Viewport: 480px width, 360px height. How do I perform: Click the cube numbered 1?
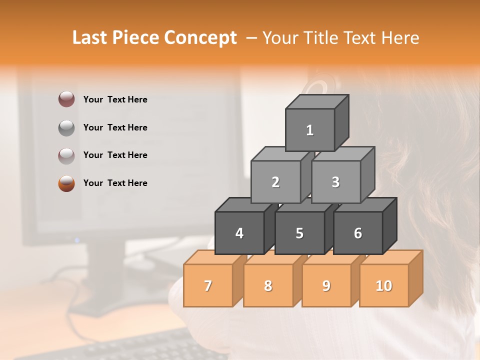click(x=310, y=130)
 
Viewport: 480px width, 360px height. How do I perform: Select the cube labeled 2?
click(x=275, y=182)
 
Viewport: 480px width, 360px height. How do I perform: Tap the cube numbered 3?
click(x=335, y=182)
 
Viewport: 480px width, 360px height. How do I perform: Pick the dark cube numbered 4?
click(x=239, y=233)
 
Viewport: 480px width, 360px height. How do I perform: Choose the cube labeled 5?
click(x=299, y=233)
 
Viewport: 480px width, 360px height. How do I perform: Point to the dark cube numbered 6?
click(x=358, y=233)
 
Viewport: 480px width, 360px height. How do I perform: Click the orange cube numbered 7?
click(x=208, y=285)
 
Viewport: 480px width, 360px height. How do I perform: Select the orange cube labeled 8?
click(x=268, y=285)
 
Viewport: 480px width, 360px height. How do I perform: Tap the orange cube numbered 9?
click(x=326, y=285)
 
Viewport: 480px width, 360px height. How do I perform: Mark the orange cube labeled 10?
click(x=383, y=285)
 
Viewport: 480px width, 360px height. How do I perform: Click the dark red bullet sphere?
click(x=66, y=99)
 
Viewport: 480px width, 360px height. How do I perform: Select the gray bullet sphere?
click(x=66, y=127)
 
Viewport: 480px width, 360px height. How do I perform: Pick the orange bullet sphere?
click(x=66, y=183)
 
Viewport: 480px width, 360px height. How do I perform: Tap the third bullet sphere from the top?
click(x=66, y=155)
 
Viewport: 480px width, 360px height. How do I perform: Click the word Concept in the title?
click(x=200, y=38)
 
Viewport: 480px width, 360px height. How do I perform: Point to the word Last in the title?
click(x=91, y=38)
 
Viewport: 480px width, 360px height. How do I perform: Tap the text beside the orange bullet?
click(x=115, y=183)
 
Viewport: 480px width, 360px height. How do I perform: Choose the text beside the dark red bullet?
click(x=115, y=99)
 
